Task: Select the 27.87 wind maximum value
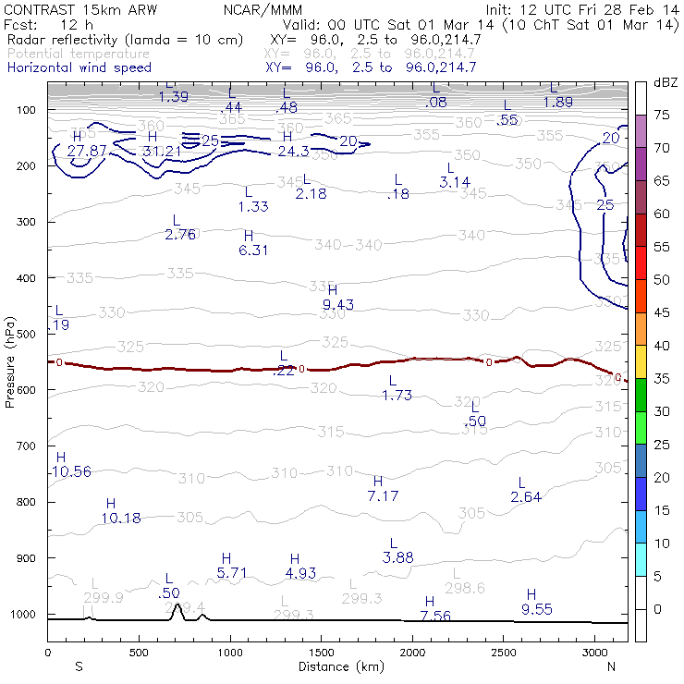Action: click(x=87, y=151)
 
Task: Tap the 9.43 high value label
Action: click(x=338, y=304)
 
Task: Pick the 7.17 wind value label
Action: click(x=382, y=496)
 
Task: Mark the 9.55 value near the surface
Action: click(x=536, y=609)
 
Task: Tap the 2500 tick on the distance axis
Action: click(x=503, y=653)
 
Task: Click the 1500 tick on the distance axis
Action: click(x=321, y=653)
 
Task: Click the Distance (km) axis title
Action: click(x=337, y=666)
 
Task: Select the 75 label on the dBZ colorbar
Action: click(x=662, y=116)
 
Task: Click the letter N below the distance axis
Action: click(x=611, y=666)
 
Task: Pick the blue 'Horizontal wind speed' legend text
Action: click(x=79, y=67)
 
